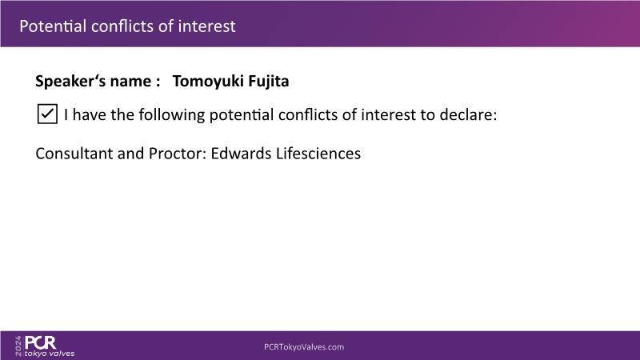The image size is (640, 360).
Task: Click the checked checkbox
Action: click(x=47, y=114)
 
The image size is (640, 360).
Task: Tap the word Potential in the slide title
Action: click(x=53, y=26)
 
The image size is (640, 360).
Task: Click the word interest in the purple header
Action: click(x=206, y=26)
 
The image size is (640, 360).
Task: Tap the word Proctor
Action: click(x=178, y=154)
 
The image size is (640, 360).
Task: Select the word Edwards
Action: click(x=241, y=154)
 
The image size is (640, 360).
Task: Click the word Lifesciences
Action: click(x=318, y=154)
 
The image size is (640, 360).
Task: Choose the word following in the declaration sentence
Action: click(x=171, y=114)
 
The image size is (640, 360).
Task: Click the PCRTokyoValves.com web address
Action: click(x=304, y=347)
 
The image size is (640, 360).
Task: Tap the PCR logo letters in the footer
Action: click(x=41, y=342)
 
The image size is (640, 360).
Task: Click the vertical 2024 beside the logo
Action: click(x=18, y=346)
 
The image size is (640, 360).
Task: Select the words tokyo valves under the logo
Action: click(x=50, y=354)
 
